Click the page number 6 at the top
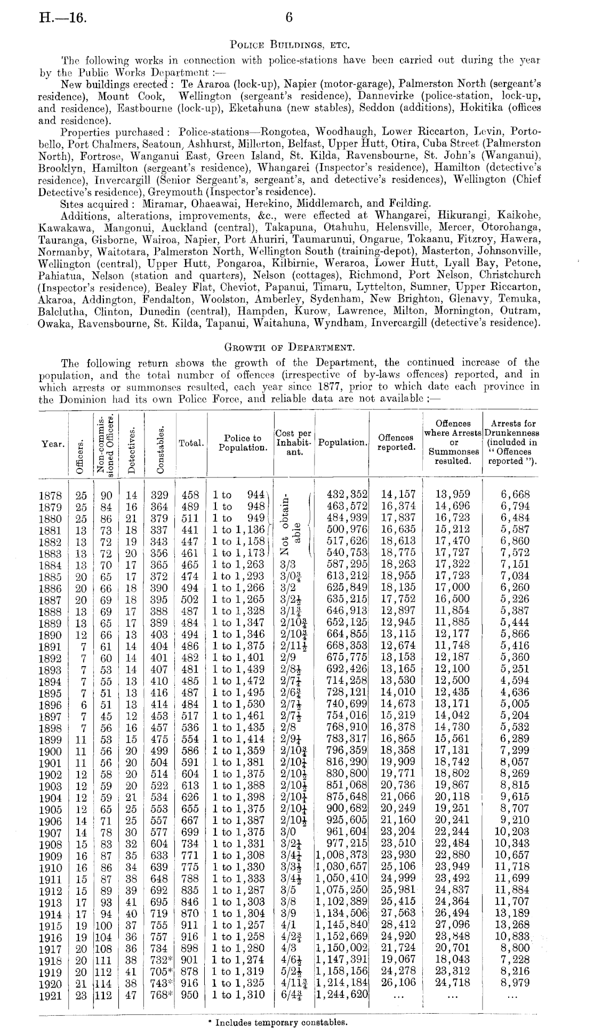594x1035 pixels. [289, 17]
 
